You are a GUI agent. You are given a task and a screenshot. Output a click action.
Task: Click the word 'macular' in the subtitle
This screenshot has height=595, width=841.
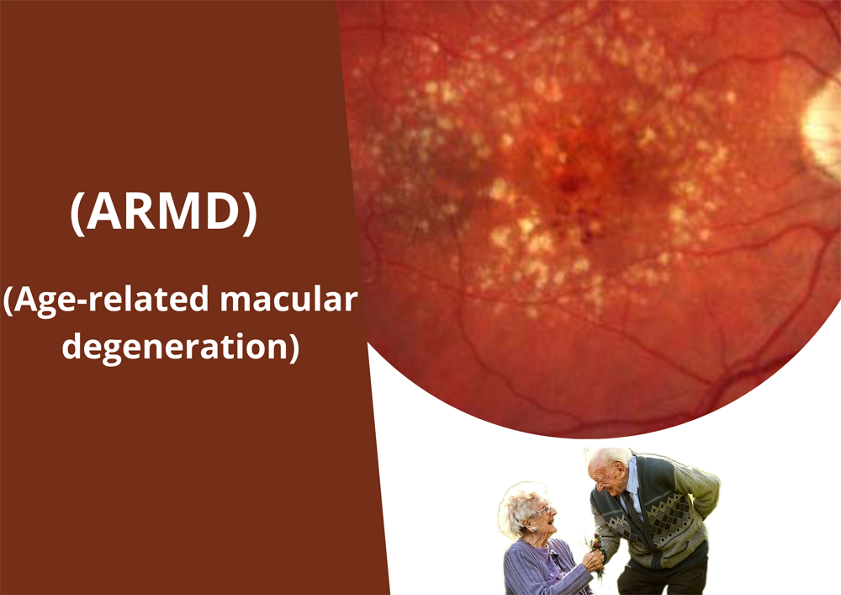(288, 300)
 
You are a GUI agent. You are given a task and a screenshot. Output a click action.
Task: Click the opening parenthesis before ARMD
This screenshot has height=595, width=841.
(77, 212)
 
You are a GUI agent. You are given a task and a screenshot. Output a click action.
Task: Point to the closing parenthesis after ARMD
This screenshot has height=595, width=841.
(251, 212)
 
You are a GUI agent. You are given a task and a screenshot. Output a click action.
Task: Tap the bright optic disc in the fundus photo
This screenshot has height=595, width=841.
(822, 130)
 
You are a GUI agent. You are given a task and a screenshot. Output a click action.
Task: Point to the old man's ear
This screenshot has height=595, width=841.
(620, 470)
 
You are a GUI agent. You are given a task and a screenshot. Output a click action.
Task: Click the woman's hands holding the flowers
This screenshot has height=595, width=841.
(593, 560)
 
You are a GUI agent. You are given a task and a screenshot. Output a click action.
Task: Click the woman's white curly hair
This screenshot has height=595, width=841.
(518, 507)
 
